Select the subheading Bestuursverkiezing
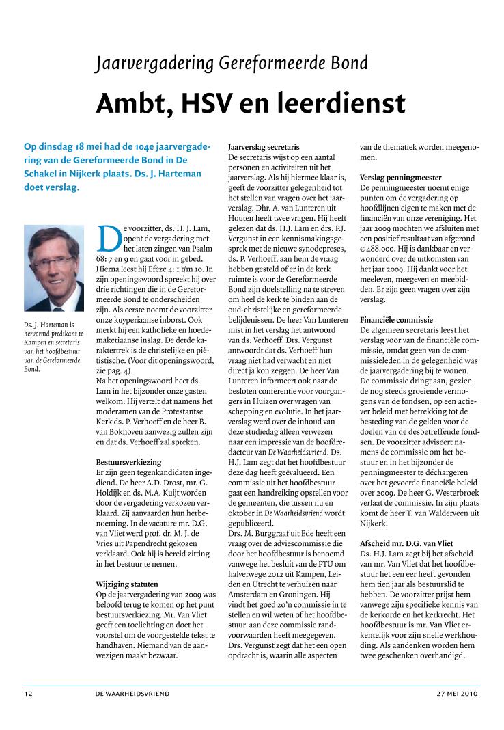click(129, 462)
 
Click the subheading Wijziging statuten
click(127, 584)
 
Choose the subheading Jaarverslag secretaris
click(264, 147)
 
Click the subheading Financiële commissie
click(396, 319)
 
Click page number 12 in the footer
click(28, 693)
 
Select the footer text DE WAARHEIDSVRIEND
click(132, 693)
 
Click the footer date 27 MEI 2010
click(458, 693)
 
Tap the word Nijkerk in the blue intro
click(92, 174)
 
